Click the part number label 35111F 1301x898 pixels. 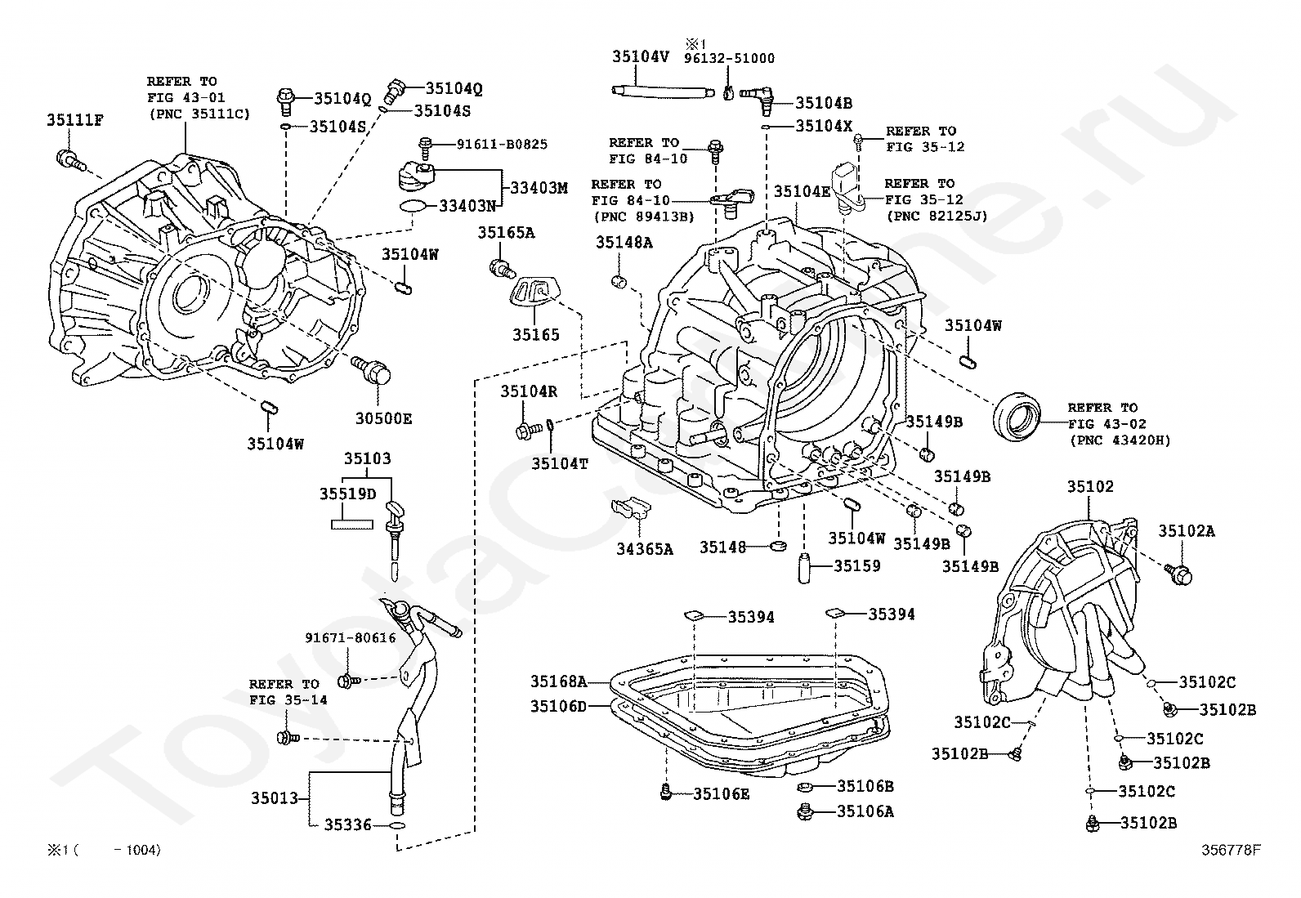click(x=75, y=120)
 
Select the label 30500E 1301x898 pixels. click(x=383, y=418)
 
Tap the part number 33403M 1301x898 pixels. click(x=539, y=188)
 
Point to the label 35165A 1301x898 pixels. click(x=506, y=232)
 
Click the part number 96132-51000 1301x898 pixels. click(x=729, y=58)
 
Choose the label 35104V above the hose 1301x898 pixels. click(x=640, y=56)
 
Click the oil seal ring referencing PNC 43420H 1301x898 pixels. click(x=1016, y=417)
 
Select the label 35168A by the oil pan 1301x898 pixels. click(x=559, y=681)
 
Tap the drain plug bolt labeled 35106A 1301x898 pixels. click(x=804, y=811)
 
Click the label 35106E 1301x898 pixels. click(x=722, y=794)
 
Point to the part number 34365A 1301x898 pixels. click(x=645, y=549)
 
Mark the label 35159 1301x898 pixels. click(x=857, y=565)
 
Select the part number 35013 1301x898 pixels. click(x=274, y=798)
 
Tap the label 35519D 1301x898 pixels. click(x=348, y=494)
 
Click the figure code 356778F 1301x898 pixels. click(x=1232, y=850)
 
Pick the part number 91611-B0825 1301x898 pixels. click(x=502, y=144)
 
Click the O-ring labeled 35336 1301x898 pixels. click(x=397, y=825)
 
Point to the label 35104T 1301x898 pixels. click(x=559, y=463)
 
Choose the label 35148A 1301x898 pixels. click(x=624, y=242)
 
